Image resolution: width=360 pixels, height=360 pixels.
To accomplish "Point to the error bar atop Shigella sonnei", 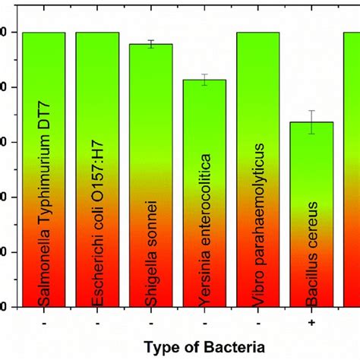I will tap(150, 44).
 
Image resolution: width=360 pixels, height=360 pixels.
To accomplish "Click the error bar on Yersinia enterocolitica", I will tap(204, 80).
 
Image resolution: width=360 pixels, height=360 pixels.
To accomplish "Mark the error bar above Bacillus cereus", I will tap(311, 122).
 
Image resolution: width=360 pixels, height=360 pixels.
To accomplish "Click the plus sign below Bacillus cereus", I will tap(311, 323).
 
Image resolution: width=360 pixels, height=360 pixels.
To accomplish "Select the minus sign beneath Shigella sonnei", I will tap(150, 323).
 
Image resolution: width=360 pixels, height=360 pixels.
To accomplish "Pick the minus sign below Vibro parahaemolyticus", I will tap(257, 323).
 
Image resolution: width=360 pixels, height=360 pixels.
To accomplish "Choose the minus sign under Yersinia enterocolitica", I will tap(204, 323).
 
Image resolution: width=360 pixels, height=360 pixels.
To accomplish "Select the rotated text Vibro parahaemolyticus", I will tap(258, 224).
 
